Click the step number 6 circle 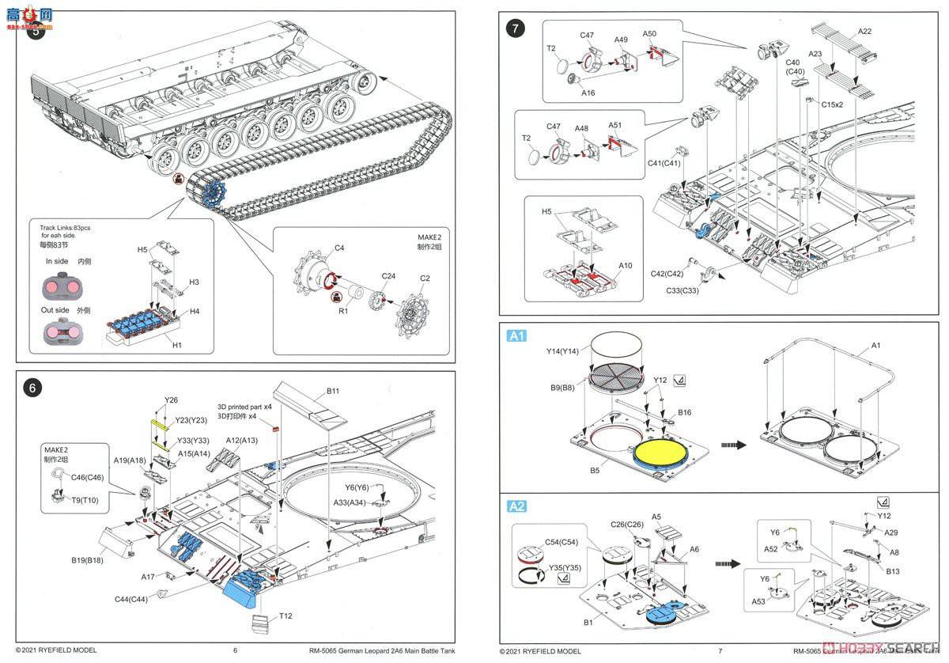point(32,388)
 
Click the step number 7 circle point(516,28)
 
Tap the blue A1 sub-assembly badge point(516,336)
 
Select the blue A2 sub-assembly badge point(516,506)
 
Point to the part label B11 point(332,391)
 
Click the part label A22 point(864,31)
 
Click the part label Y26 point(172,400)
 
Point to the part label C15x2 point(832,104)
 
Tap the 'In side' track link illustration point(60,285)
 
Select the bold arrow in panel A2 point(728,563)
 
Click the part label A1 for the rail point(875,346)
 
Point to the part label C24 point(388,276)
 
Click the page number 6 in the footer point(235,651)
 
